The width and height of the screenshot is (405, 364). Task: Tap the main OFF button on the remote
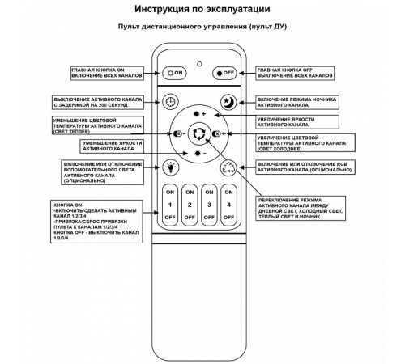pos(226,73)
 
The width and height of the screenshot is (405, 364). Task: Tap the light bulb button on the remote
pos(169,167)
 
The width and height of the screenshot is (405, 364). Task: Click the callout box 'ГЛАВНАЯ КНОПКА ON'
pos(109,73)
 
